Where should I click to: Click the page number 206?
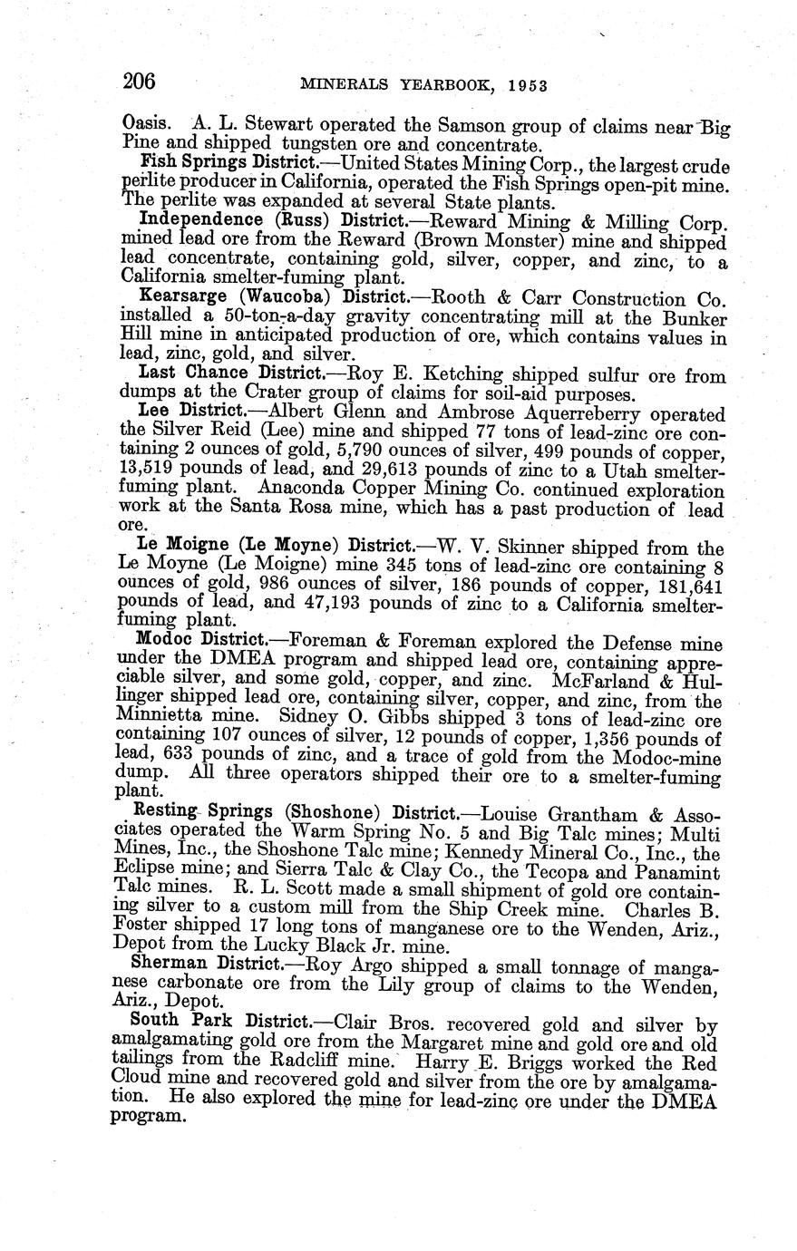click(140, 82)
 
